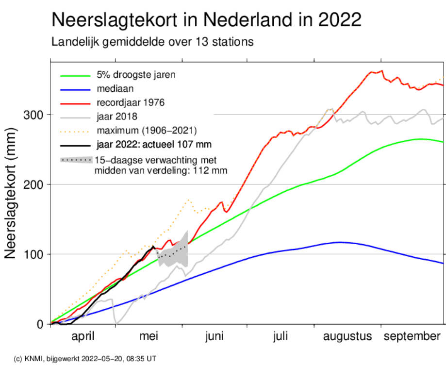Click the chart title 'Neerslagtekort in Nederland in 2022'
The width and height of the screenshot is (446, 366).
pos(207,19)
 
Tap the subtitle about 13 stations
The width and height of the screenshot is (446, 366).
pos(152,42)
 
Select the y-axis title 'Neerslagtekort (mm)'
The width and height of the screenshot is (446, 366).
pos(10,193)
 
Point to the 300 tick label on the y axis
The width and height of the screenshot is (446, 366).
pos(33,115)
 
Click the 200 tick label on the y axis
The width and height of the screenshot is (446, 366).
pos(33,185)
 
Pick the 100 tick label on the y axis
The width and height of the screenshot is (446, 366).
pos(33,254)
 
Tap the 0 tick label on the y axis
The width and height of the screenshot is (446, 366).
pos(40,324)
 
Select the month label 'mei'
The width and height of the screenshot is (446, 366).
pos(149,336)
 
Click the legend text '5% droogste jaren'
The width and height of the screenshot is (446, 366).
pos(136,75)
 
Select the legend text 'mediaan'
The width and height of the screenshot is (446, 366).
pos(115,88)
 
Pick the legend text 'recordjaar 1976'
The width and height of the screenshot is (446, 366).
pos(131,102)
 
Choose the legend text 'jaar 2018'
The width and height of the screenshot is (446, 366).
pos(117,116)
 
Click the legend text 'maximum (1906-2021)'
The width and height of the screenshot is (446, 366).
pos(147,131)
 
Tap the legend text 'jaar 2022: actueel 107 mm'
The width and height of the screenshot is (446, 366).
pos(154,144)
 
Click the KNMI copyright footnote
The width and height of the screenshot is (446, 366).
pos(85,359)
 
